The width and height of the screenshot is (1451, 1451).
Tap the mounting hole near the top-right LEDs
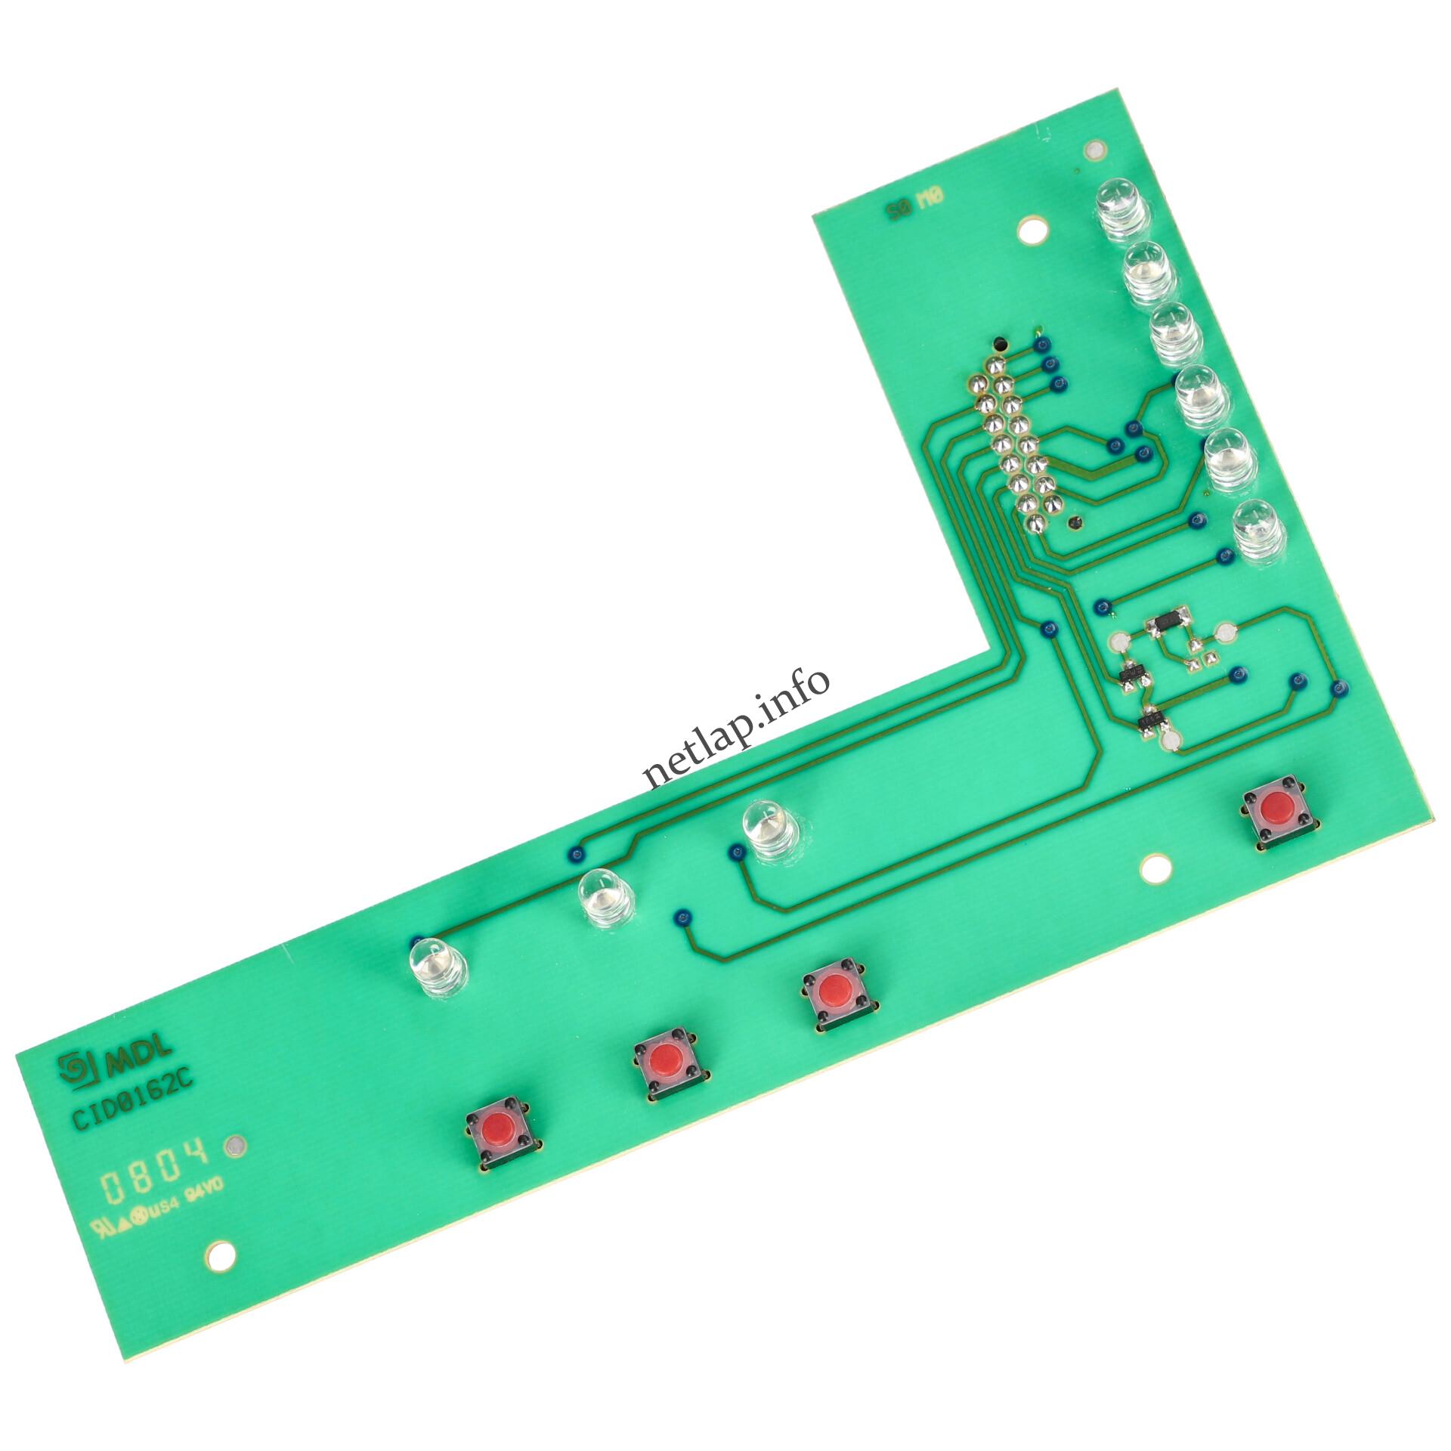coord(1032,230)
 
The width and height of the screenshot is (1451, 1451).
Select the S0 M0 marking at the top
coord(916,202)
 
